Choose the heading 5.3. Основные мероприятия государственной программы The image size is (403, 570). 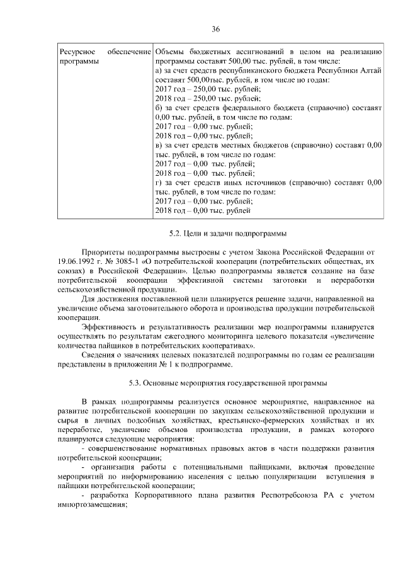click(215, 383)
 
